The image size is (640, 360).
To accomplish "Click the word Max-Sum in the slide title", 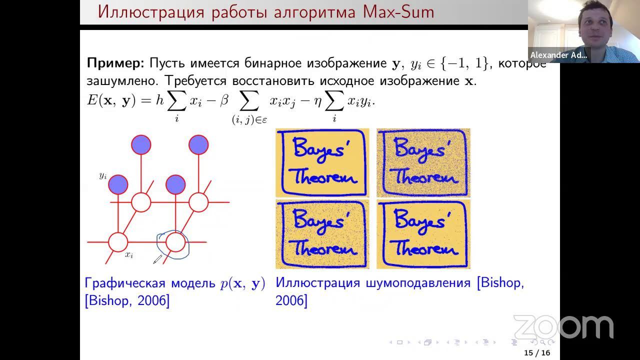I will (399, 11).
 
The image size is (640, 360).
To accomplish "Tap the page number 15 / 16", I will (537, 353).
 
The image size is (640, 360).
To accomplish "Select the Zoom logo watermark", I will (563, 327).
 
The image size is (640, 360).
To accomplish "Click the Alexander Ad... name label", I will (558, 55).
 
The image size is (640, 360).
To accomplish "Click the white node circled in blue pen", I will (175, 242).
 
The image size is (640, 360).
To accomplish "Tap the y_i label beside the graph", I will (103, 175).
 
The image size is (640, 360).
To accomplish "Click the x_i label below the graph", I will (129, 254).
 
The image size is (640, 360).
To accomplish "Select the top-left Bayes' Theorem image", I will (322, 162).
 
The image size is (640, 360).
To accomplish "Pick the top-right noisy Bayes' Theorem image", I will (423, 162).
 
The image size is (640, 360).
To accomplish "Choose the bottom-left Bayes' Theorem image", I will (322, 234).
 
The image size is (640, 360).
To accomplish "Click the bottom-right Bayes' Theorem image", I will (423, 234).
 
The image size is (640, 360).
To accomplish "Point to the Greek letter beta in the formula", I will (224, 100).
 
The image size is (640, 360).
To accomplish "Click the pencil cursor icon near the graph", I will (157, 259).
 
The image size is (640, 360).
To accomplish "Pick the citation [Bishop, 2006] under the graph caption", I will (127, 301).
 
